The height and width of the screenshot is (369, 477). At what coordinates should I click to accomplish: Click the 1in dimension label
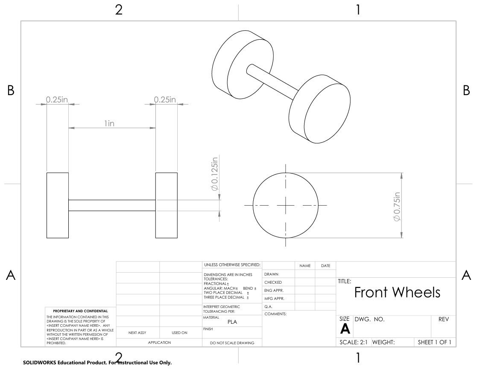tap(109, 123)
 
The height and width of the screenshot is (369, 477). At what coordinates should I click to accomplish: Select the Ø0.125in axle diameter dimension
tap(215, 174)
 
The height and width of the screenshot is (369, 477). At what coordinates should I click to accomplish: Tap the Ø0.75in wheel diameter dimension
tap(397, 207)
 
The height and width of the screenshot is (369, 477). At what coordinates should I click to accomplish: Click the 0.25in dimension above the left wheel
tap(57, 99)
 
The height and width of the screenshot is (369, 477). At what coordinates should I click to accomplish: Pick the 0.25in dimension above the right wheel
tap(165, 99)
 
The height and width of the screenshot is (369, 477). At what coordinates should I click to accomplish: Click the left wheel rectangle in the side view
tap(58, 206)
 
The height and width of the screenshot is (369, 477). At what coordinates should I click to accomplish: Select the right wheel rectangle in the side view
tap(167, 206)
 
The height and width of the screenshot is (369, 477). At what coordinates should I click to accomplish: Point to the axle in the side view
tap(112, 206)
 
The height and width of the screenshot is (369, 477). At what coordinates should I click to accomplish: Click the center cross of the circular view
tap(286, 206)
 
